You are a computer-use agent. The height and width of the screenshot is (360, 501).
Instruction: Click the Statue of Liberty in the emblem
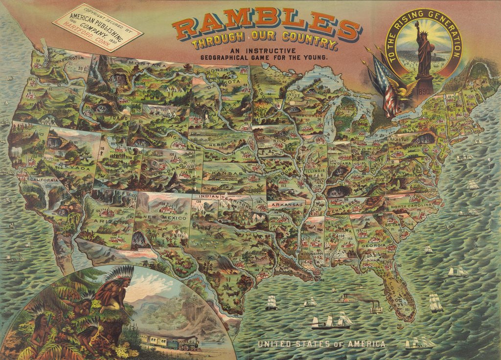tap(423, 51)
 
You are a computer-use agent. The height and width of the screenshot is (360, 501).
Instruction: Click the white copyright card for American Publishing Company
tap(97, 27)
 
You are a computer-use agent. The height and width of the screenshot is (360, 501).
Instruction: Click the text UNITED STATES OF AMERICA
tap(321, 344)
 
